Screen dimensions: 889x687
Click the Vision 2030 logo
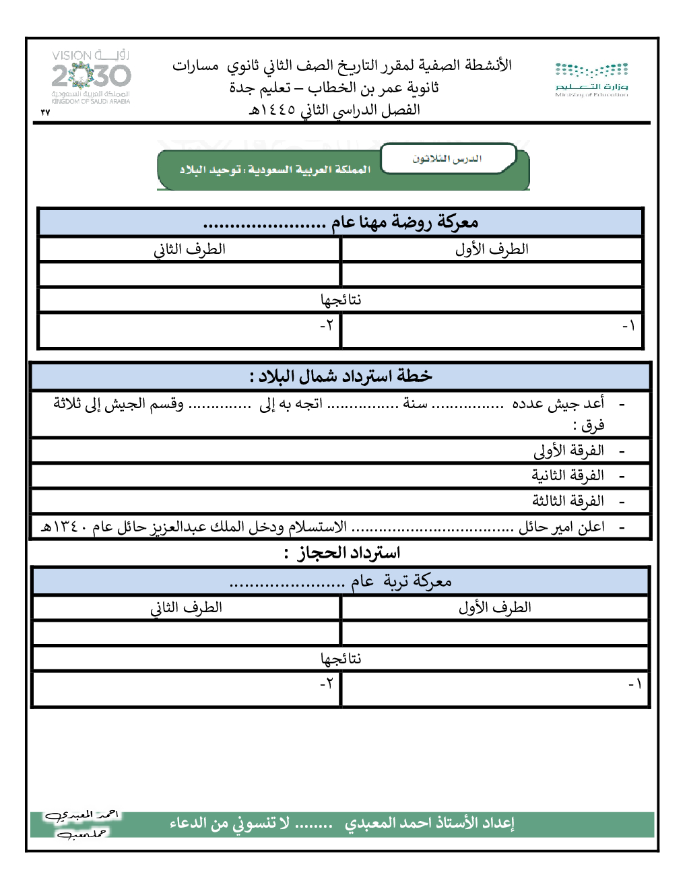tap(91, 76)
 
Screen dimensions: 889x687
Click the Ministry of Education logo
tap(591, 79)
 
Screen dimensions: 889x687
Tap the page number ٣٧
tap(45, 112)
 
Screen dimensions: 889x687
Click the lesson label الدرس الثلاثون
tap(447, 159)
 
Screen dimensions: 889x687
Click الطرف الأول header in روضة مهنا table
tap(492, 249)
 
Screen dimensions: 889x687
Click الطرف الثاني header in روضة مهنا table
tap(189, 249)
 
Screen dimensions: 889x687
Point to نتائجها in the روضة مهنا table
tap(341, 300)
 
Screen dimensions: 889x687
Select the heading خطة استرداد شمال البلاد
tap(341, 376)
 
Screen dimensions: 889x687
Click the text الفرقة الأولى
tap(568, 450)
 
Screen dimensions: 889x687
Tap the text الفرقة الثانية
tap(568, 475)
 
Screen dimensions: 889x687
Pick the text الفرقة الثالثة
tap(568, 501)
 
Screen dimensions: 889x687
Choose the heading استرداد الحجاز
tap(349, 553)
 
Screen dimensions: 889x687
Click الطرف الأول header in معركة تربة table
tap(495, 607)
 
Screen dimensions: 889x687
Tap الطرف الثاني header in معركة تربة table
tap(186, 607)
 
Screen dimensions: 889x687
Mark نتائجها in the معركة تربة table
tap(341, 659)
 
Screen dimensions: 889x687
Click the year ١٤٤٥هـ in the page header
tap(273, 110)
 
